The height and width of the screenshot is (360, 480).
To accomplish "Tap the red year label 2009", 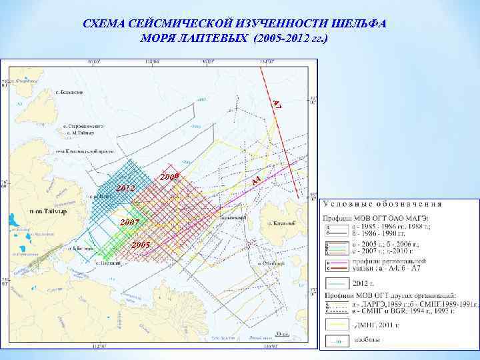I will [x=171, y=177].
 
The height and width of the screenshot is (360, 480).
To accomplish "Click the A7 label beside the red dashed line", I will [x=277, y=103].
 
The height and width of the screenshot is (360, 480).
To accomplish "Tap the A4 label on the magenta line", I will [x=256, y=180].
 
